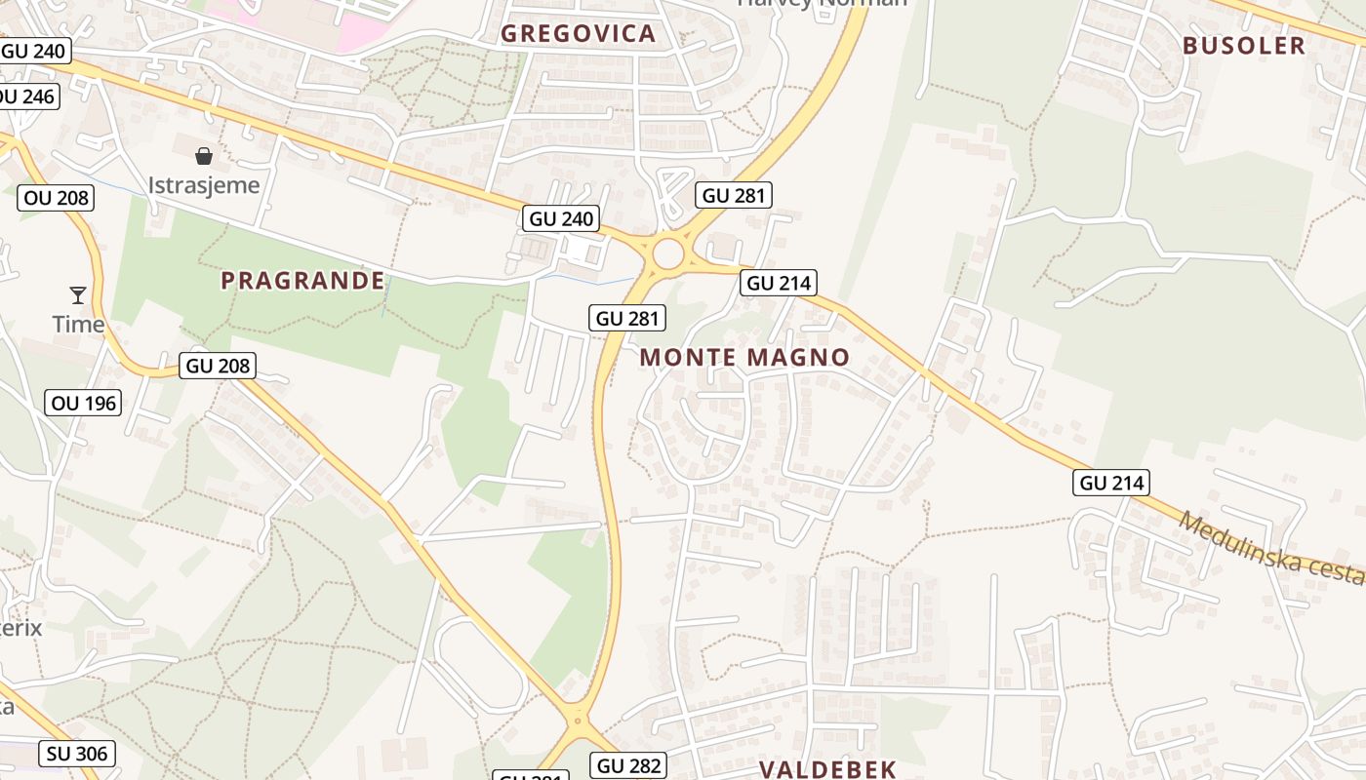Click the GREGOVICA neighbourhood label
tap(578, 34)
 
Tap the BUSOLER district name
tap(1243, 46)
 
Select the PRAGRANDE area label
tap(302, 281)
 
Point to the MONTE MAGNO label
tap(744, 358)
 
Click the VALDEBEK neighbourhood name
tap(827, 768)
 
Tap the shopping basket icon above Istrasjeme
tap(204, 156)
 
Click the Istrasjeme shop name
tap(204, 185)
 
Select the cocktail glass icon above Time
tap(78, 294)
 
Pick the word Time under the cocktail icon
tap(78, 325)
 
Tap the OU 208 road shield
tap(56, 198)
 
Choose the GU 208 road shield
tap(219, 367)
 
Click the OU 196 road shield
tap(83, 402)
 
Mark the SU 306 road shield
tap(77, 753)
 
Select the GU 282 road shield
tap(628, 765)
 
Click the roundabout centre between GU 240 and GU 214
tap(668, 254)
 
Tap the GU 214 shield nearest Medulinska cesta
tap(1111, 482)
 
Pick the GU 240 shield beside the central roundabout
tap(560, 218)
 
